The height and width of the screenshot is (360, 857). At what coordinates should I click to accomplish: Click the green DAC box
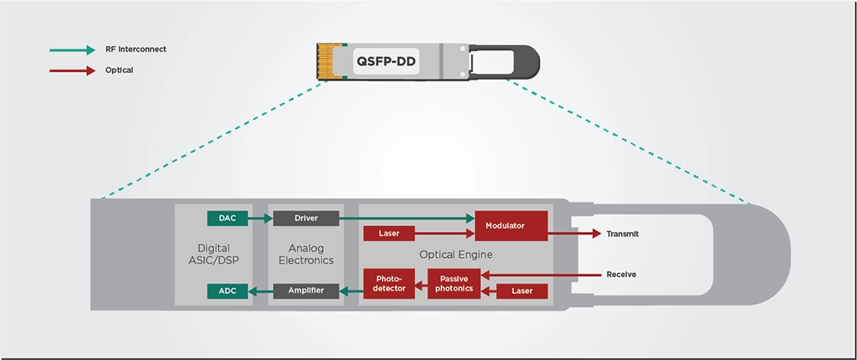(227, 219)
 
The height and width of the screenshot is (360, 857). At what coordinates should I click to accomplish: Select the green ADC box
(227, 291)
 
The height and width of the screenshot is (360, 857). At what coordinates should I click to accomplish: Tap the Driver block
(306, 219)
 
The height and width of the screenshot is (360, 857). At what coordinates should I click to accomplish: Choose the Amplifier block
(306, 291)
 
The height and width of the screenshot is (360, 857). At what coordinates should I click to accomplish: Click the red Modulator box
(511, 226)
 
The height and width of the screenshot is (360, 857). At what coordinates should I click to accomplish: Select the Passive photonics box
(454, 283)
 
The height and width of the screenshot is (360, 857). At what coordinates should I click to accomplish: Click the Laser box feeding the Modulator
(389, 234)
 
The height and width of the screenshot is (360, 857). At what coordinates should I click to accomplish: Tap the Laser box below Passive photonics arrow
(522, 291)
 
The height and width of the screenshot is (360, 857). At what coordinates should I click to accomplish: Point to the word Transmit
(622, 234)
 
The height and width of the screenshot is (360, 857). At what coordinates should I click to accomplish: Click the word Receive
(622, 275)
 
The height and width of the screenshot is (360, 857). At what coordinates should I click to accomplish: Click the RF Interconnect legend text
(136, 49)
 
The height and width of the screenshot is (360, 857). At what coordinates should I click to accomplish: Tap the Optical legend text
(119, 70)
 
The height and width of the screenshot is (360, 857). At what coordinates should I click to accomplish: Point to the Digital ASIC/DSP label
(213, 255)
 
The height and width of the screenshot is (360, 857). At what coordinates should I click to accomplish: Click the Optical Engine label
(456, 254)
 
